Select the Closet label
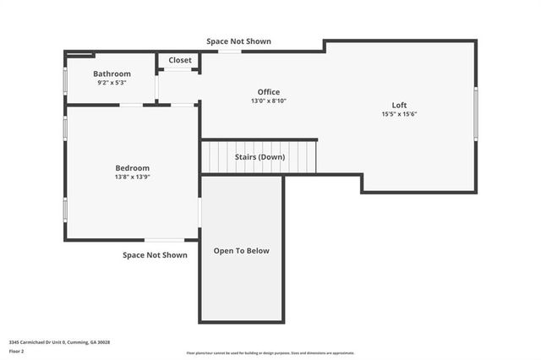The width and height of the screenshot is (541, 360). click(180, 60)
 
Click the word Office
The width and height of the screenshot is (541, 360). click(269, 92)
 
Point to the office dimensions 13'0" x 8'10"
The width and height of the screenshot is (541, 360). click(269, 101)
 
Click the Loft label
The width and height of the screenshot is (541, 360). click(399, 105)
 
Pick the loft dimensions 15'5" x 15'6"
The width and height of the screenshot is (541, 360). click(399, 114)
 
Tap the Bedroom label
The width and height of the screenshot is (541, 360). click(133, 167)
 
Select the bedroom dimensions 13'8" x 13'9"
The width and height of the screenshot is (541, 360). click(133, 177)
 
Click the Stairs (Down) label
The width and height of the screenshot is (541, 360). click(260, 157)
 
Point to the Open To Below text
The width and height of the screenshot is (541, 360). click(241, 251)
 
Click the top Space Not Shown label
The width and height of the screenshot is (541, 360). click(238, 41)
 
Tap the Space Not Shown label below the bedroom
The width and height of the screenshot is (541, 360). click(155, 254)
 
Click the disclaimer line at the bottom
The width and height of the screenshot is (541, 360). click(270, 353)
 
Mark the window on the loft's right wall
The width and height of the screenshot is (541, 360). click(476, 113)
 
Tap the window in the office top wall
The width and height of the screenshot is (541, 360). click(229, 52)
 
